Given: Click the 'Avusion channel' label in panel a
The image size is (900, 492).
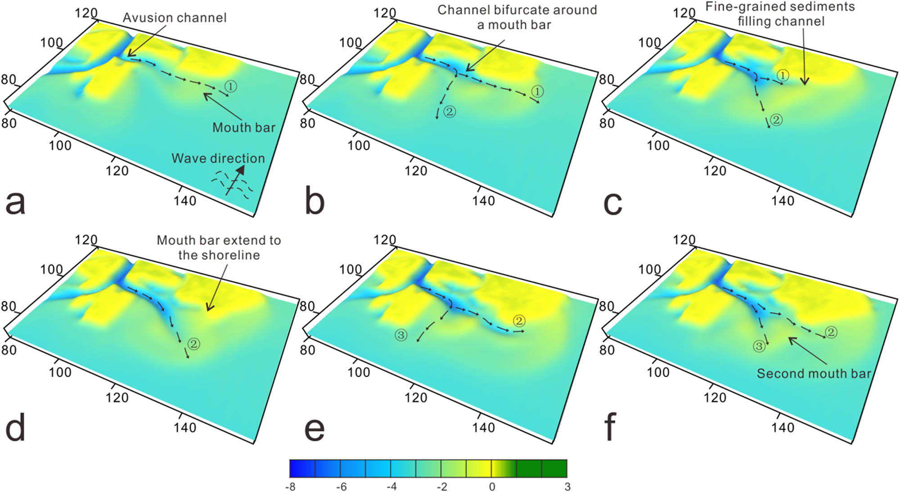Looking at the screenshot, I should pos(175,18).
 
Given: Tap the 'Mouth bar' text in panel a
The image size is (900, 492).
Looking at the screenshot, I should pos(243,128).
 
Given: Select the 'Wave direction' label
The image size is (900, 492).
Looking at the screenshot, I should pos(218,158).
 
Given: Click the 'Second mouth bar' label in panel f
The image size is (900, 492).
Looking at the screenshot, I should pos(814,374).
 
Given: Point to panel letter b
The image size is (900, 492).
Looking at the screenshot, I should pos(315,202).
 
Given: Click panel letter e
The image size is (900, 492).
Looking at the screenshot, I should pos(315,429).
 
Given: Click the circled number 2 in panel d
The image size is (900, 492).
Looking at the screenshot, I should pos(194,344).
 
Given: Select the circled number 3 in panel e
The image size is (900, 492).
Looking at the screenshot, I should pos(400,335).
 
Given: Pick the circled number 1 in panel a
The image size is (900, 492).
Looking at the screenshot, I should pos(230,86).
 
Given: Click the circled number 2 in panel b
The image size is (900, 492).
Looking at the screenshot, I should pos(449,111).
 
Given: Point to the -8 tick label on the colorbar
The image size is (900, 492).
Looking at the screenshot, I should pos(290,487).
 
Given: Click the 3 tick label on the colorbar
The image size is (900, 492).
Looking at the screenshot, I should pos(567,487).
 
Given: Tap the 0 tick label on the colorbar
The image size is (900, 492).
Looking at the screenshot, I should pos(492,487).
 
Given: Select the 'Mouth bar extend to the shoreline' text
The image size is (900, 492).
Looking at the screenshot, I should pos(219,247).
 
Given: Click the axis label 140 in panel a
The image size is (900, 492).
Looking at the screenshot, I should pos(185,201).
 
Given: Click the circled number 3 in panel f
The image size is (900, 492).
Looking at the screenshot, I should pos(759,346).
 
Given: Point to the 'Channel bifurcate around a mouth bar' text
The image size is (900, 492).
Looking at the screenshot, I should pos(517,17).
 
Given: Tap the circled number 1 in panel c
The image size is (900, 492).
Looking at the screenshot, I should pos(783,76).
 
